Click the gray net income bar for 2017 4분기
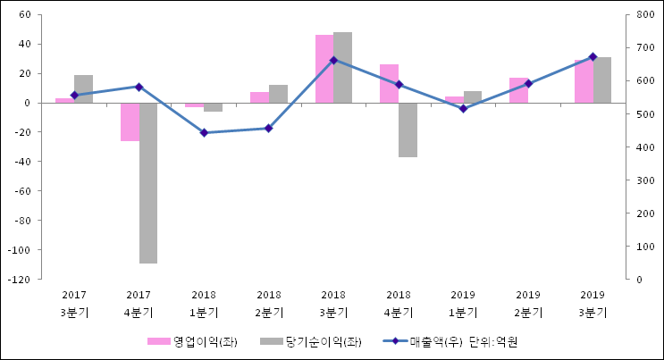coord(148,182)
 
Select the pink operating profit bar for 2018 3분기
coord(324,69)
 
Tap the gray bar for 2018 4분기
coord(408,130)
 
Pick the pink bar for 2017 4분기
coord(130,121)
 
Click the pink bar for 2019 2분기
coord(518,90)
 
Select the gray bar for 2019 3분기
coord(602,80)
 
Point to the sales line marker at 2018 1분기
coord(204,132)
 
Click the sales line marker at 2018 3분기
coord(333,60)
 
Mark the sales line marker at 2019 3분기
coord(593,56)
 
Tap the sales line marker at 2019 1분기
coord(463,108)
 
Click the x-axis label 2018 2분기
coord(268,304)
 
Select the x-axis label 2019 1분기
coord(463,304)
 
